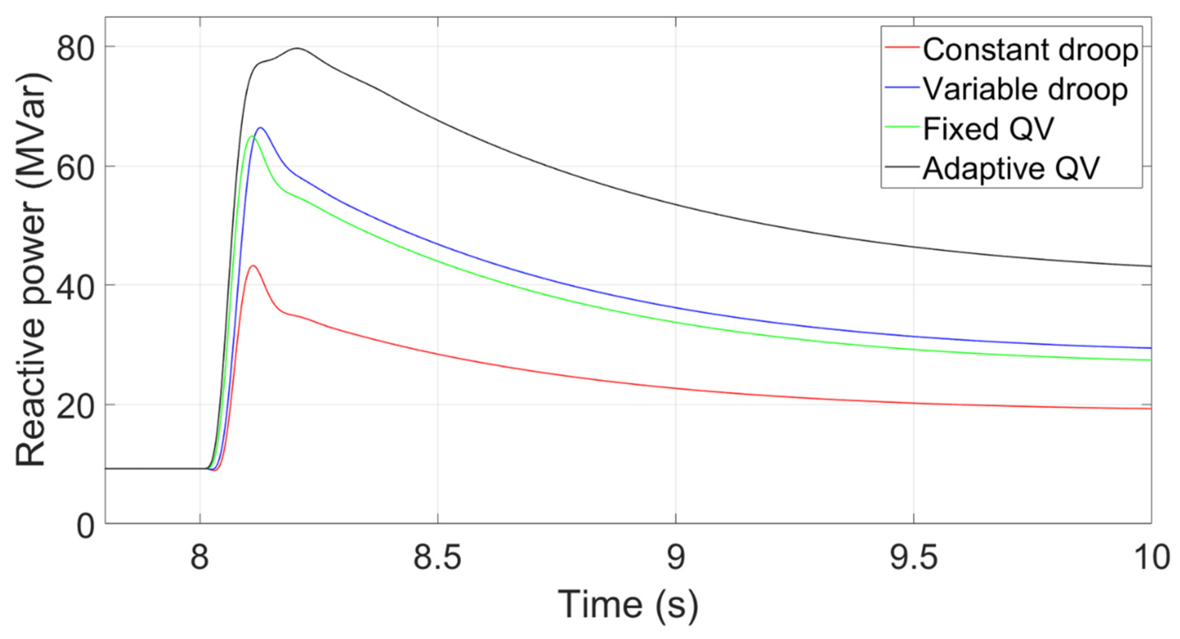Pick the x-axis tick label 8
point(200,558)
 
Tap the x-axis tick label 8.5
point(438,558)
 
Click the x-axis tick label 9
point(676,558)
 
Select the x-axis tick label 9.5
point(913,558)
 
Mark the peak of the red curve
point(253,265)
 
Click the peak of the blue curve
point(261,128)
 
